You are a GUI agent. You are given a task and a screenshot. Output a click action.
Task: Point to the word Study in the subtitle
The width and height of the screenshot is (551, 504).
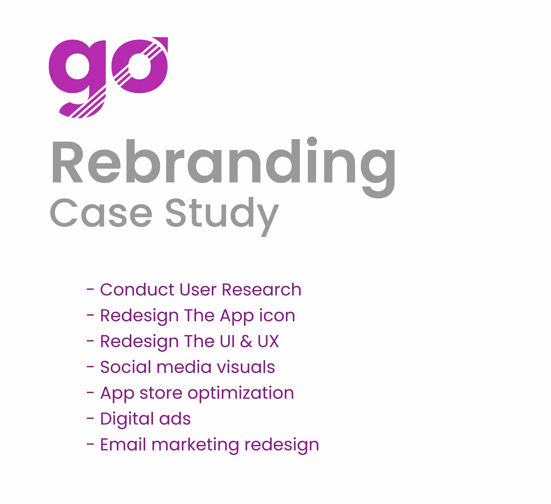(222, 216)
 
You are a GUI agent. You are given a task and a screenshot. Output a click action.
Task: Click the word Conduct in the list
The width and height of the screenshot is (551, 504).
(137, 289)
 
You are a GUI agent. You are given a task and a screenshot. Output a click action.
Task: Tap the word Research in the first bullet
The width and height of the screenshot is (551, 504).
(261, 289)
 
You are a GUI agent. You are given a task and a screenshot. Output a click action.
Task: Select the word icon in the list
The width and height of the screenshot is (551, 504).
(277, 315)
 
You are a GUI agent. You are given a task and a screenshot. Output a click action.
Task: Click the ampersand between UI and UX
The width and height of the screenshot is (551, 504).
(246, 341)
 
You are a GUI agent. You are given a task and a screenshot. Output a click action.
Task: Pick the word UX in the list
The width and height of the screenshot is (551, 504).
(268, 341)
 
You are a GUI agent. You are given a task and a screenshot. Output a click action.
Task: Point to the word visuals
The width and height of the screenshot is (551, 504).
(246, 367)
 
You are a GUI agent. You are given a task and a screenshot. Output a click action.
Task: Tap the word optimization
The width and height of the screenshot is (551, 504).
(241, 394)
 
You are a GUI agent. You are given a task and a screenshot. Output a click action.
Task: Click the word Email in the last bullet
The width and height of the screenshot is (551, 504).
(123, 444)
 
